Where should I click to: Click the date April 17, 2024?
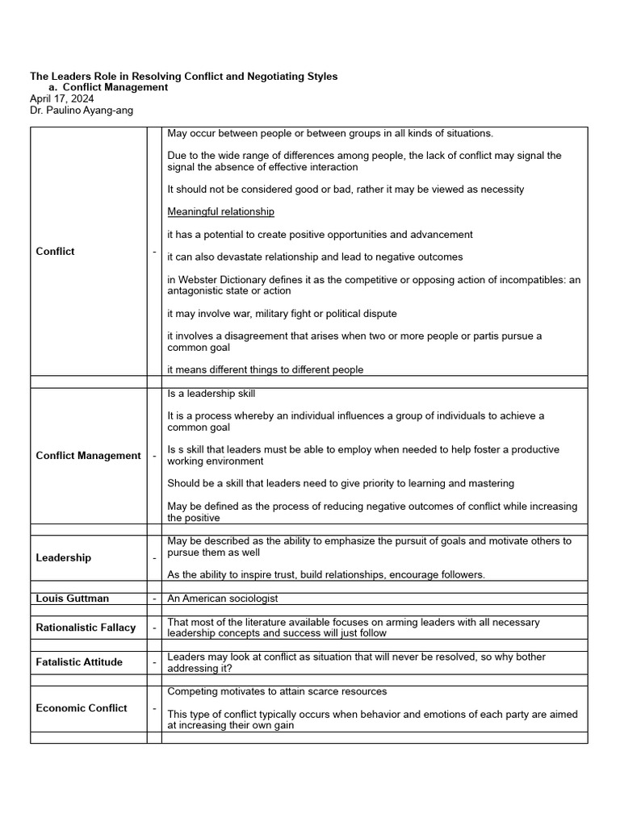click(x=61, y=98)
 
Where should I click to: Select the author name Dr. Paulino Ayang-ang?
click(x=82, y=110)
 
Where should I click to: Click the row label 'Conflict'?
click(x=55, y=252)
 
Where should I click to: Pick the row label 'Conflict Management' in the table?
click(x=88, y=456)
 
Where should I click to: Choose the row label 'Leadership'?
click(x=64, y=558)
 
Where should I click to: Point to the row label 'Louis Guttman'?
click(x=73, y=599)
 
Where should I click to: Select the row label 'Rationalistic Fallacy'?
click(x=86, y=628)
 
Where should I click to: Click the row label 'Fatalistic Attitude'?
click(x=79, y=662)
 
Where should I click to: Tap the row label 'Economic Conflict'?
click(x=82, y=708)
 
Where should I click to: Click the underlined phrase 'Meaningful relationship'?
click(x=220, y=212)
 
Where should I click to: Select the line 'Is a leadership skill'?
click(x=211, y=394)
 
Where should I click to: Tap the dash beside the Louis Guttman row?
click(x=154, y=599)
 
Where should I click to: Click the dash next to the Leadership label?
click(x=154, y=558)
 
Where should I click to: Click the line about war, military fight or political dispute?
click(x=282, y=314)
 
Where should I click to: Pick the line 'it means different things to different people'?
click(x=265, y=369)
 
